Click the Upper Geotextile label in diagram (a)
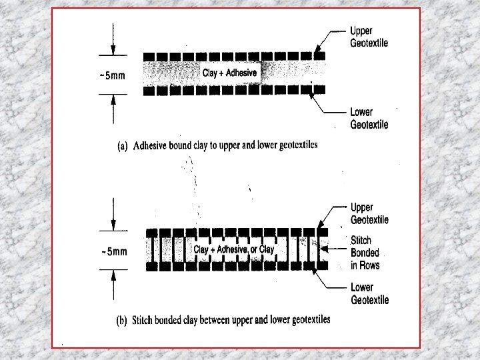pyautogui.click(x=369, y=37)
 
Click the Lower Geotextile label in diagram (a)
pyautogui.click(x=369, y=118)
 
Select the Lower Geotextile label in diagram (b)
pyautogui.click(x=369, y=294)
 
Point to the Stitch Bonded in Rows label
pyautogui.click(x=365, y=253)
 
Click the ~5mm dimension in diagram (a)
pyautogui.click(x=111, y=75)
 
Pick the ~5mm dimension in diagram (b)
pyautogui.click(x=113, y=252)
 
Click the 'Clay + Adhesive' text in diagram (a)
pyautogui.click(x=229, y=72)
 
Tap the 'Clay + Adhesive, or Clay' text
pyautogui.click(x=233, y=249)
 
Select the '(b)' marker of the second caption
pyautogui.click(x=121, y=321)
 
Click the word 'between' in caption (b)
pyautogui.click(x=211, y=321)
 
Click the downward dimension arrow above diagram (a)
pyautogui.click(x=113, y=44)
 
